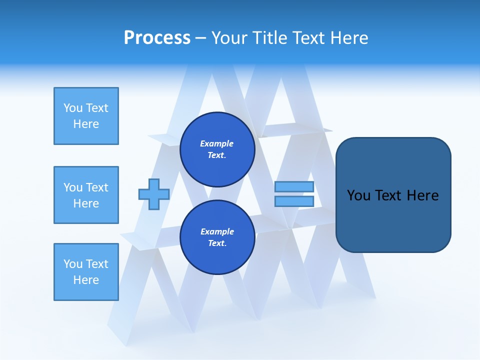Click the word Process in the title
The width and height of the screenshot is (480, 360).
click(157, 38)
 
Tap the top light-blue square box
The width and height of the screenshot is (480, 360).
click(86, 116)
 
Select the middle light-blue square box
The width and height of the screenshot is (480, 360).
click(86, 195)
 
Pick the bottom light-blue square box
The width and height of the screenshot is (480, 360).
click(86, 272)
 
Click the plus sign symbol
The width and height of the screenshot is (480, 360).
click(154, 194)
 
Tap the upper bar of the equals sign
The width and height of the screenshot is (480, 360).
click(294, 187)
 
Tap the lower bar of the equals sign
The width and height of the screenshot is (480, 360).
click(294, 201)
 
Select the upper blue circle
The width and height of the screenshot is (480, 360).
click(217, 149)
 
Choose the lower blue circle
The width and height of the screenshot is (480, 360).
click(217, 237)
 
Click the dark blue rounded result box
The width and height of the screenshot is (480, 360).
click(393, 195)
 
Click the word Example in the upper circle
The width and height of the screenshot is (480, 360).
click(217, 143)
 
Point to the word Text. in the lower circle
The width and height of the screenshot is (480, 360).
click(217, 243)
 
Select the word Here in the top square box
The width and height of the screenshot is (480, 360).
click(86, 124)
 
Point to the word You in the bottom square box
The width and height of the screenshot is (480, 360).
click(72, 264)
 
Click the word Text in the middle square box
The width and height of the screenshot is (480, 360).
click(97, 187)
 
